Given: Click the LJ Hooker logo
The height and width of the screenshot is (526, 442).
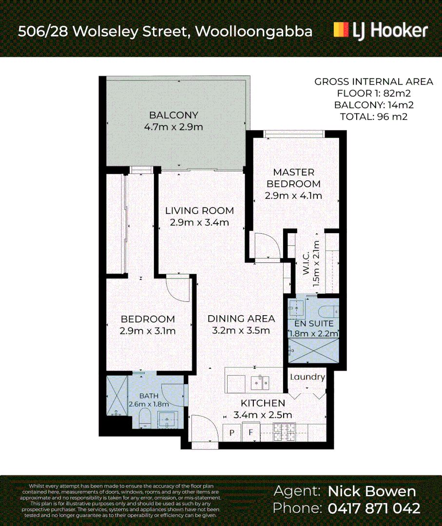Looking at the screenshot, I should point(381,30).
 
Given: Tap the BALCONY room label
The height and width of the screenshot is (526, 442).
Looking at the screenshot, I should point(173,115).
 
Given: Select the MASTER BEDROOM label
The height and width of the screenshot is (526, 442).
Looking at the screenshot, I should point(293,178).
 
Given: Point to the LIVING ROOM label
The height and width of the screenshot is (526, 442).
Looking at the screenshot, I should point(199,211).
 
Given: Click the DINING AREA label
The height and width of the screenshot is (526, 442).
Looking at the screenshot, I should point(241,319).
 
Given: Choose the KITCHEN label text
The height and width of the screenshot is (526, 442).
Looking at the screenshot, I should point(263,403).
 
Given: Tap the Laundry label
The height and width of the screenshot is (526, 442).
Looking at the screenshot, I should point(307,377).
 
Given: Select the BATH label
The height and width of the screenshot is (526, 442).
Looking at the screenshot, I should point(149,396).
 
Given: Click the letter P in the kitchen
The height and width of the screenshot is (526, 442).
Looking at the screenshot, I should point(232,433).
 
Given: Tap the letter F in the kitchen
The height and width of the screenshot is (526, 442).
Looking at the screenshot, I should point(251,433).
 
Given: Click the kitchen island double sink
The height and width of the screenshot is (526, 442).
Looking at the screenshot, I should point(260,382).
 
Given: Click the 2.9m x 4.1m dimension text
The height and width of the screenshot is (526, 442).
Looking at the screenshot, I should point(293,196).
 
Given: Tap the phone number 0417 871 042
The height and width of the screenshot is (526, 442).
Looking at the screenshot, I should point(374,508).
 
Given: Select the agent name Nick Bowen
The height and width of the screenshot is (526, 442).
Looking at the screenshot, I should point(372,491).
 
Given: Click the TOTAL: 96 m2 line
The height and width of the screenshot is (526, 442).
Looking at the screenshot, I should point(373,116).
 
